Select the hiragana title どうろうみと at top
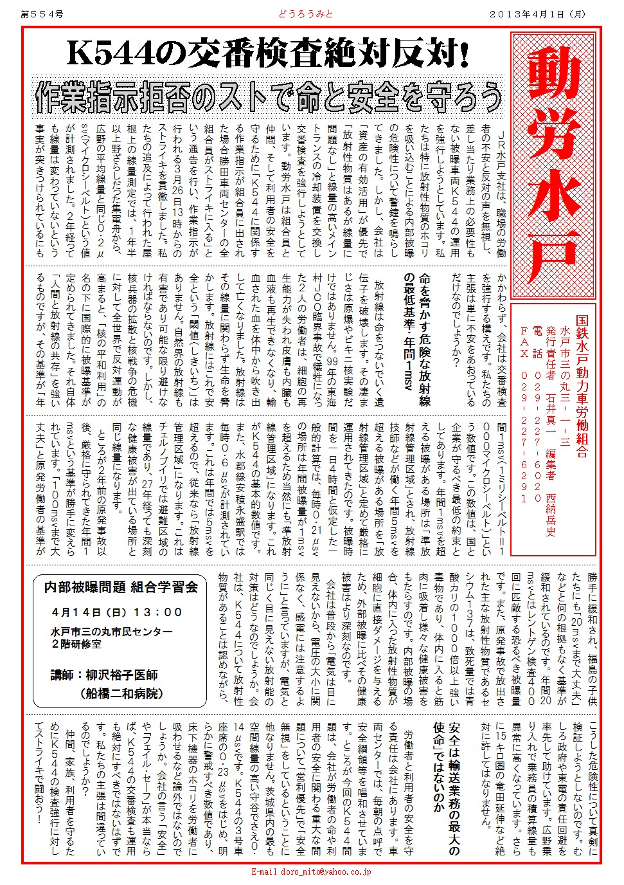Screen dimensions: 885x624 coord(305,13)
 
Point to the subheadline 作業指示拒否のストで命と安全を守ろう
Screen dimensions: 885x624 coord(268,97)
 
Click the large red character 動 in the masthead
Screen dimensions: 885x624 coord(553,80)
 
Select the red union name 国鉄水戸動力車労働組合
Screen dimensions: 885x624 coord(582,386)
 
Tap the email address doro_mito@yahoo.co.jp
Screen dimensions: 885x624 coord(311,872)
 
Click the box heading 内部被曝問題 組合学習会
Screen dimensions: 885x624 coord(121,587)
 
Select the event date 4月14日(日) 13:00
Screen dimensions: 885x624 coord(117,612)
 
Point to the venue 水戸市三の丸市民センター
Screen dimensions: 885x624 coord(112,632)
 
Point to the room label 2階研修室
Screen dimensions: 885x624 coord(76,644)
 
